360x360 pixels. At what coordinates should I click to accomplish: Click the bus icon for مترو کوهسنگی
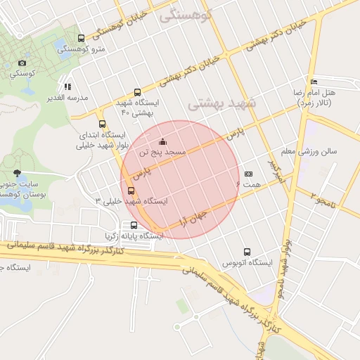(82, 39)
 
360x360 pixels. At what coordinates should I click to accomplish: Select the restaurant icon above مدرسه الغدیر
(67, 86)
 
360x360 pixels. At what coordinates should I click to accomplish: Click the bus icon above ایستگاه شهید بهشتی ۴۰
(137, 92)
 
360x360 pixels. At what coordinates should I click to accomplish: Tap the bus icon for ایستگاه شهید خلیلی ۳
(131, 191)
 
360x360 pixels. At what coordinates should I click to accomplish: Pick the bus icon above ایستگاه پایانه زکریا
(134, 226)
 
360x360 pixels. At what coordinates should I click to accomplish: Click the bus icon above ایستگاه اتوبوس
(247, 252)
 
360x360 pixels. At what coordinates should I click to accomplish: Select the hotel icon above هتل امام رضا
(313, 82)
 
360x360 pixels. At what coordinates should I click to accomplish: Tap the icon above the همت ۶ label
(248, 173)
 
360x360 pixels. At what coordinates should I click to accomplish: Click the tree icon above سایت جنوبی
(17, 173)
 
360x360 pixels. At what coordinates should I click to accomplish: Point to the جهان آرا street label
(192, 215)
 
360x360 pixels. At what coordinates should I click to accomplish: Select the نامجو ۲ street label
(324, 198)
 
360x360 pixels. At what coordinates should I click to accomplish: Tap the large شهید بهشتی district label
(223, 103)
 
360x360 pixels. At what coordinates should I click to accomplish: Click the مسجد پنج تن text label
(162, 152)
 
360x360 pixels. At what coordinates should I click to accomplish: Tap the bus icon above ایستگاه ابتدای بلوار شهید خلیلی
(103, 124)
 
